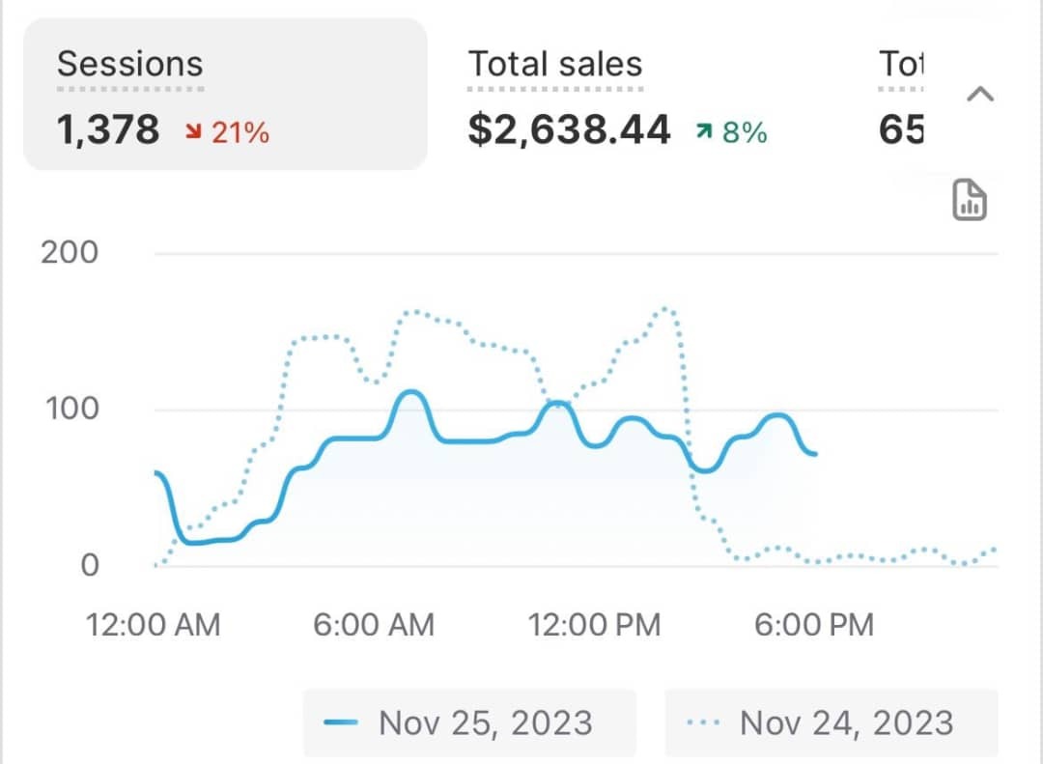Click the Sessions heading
click(x=129, y=64)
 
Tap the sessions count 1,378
click(x=108, y=129)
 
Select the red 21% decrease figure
click(x=240, y=132)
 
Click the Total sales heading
click(x=555, y=64)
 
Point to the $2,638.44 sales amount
click(x=569, y=129)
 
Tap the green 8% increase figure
click(x=745, y=132)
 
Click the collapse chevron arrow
click(x=980, y=94)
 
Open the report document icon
click(x=970, y=200)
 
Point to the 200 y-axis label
click(x=70, y=253)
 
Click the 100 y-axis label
click(x=71, y=409)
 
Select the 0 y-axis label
click(x=89, y=565)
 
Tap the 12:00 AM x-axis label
click(x=154, y=624)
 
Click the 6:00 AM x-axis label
click(x=374, y=624)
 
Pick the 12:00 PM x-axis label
click(x=594, y=624)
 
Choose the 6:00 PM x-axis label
click(x=813, y=624)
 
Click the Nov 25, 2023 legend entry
click(x=469, y=722)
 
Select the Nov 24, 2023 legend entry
click(x=831, y=722)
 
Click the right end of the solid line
click(x=815, y=453)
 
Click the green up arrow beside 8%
click(x=704, y=132)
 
